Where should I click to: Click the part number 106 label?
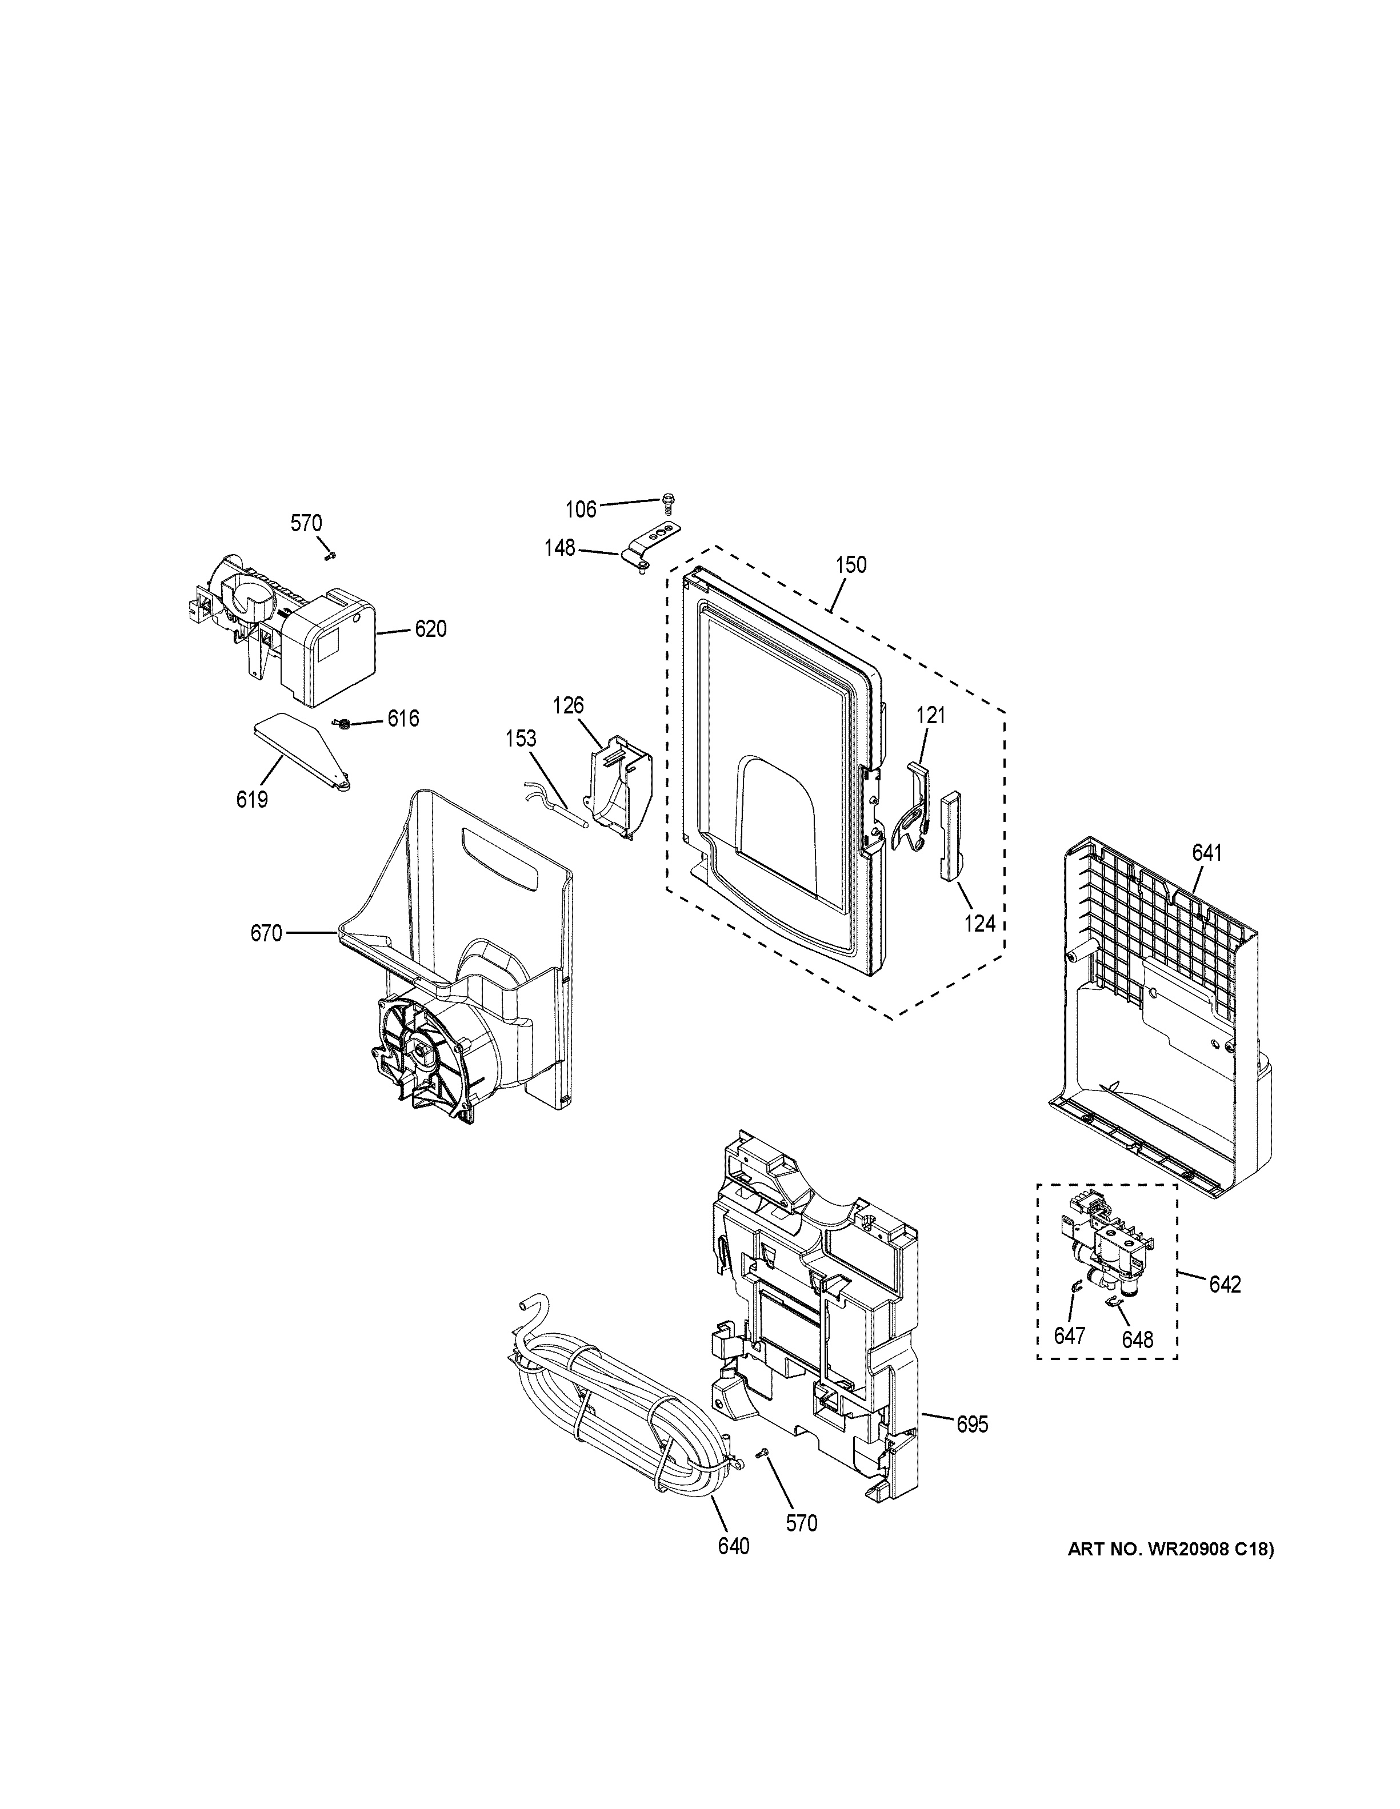(581, 510)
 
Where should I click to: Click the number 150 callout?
(851, 565)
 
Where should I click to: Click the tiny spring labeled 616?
(341, 725)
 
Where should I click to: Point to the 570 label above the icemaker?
(306, 523)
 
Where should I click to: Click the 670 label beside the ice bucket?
(266, 933)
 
